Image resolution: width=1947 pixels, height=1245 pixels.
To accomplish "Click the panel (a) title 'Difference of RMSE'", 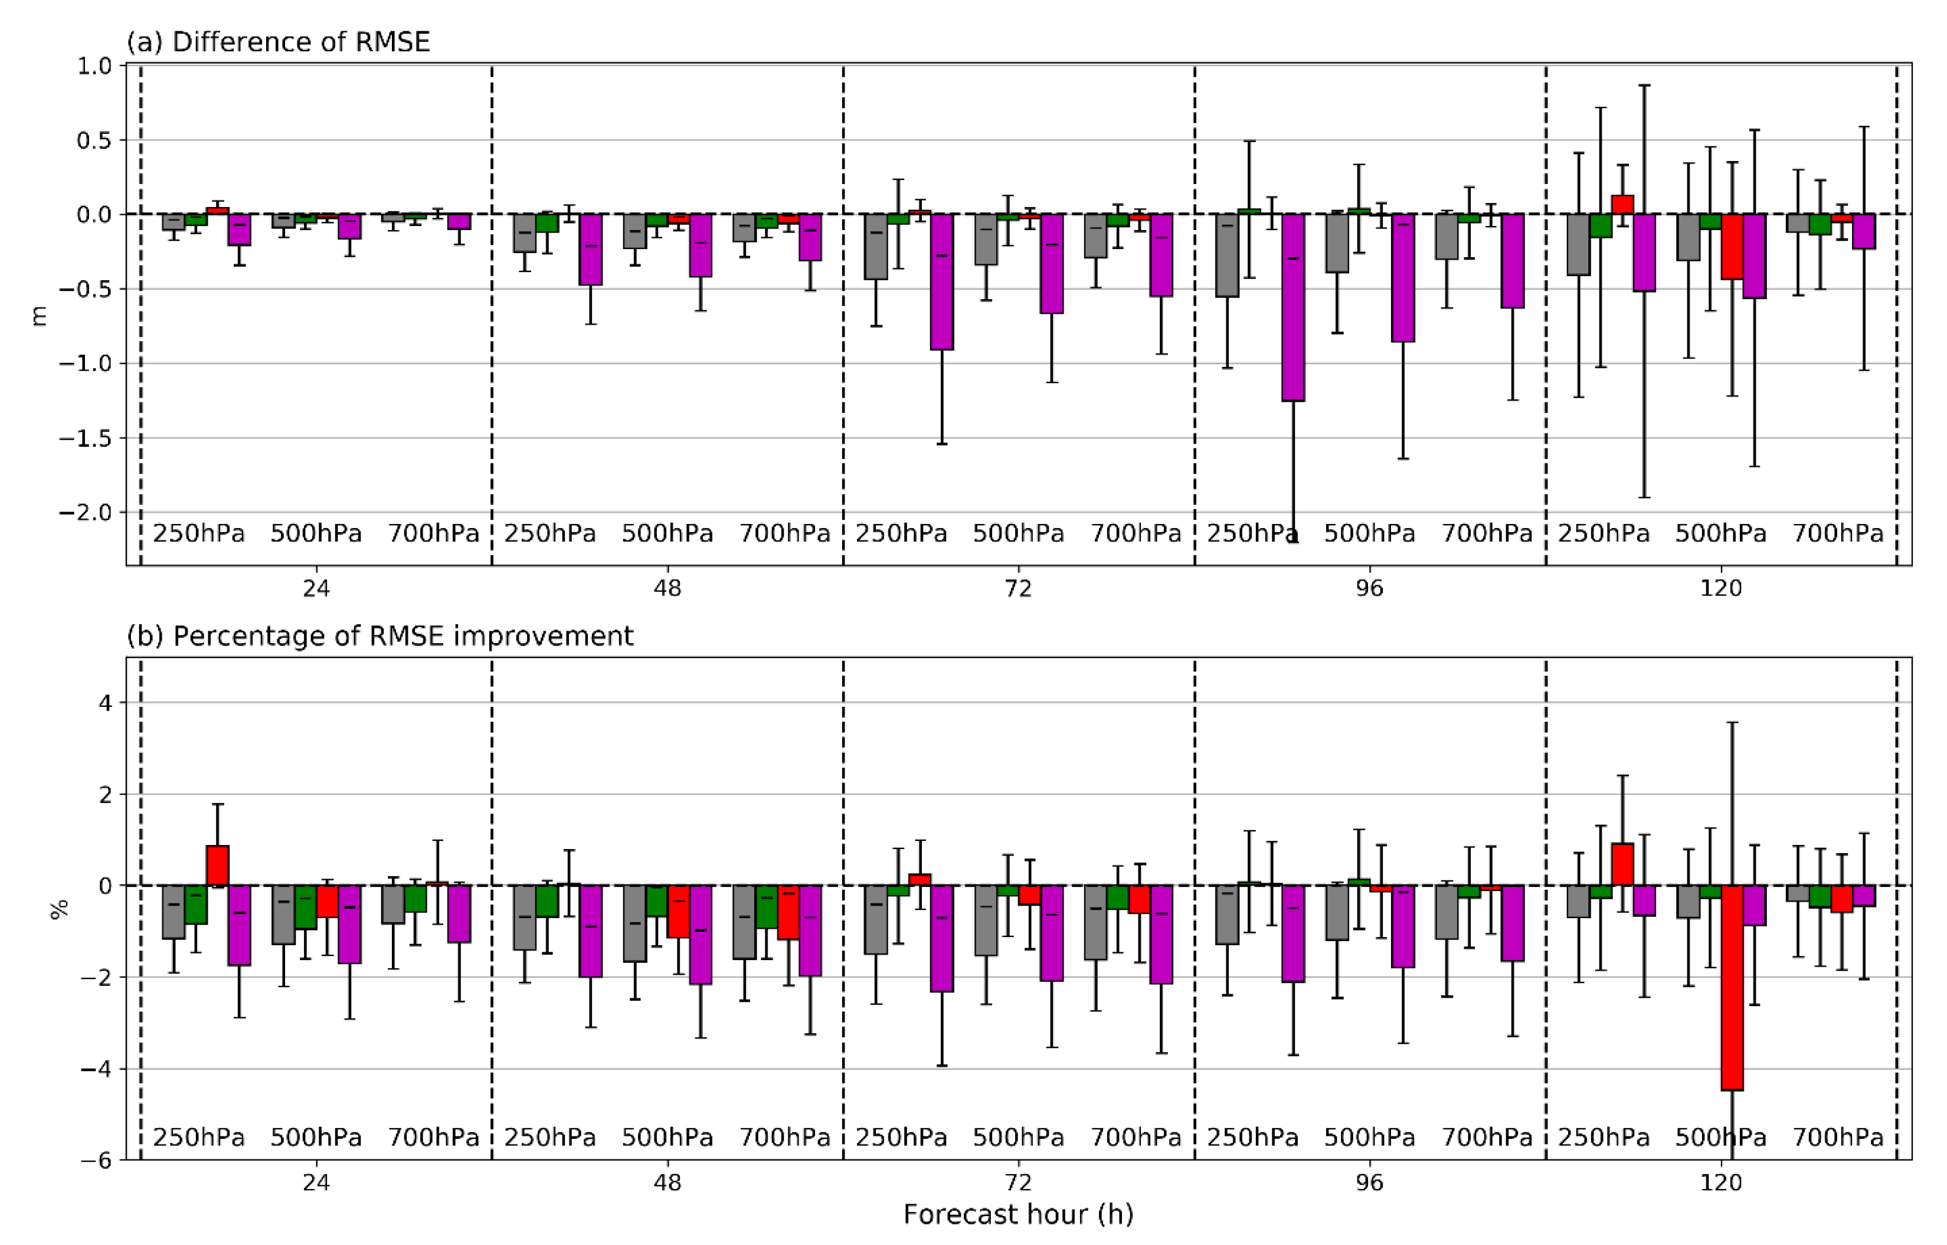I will (x=301, y=42).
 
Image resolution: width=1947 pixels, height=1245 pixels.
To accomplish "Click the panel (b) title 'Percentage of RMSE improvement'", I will (x=403, y=636).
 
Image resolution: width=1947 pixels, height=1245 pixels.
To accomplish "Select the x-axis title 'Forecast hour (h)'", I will (x=1018, y=1214).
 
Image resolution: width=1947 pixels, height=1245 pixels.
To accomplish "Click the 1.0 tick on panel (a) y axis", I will (x=94, y=65).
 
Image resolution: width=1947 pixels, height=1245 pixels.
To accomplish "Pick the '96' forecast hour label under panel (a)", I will (x=1369, y=588).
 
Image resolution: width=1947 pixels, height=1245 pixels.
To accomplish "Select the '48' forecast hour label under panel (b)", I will (x=667, y=1182).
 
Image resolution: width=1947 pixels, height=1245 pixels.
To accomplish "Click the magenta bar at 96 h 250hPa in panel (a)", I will (x=1293, y=307).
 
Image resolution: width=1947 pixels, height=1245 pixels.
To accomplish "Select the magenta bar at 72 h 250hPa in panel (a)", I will (x=942, y=281).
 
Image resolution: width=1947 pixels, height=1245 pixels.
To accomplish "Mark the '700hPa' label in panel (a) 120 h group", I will (x=1838, y=533).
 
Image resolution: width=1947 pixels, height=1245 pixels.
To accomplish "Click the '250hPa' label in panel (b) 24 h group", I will (x=198, y=1138).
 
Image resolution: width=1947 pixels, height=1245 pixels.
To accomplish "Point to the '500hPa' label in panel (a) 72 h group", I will (x=1018, y=533).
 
